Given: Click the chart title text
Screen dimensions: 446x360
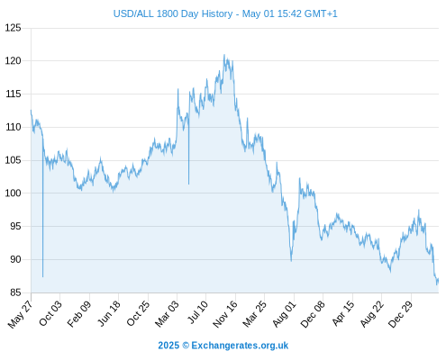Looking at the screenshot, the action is pyautogui.click(x=225, y=13).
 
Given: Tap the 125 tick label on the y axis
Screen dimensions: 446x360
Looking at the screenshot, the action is pyautogui.click(x=14, y=28).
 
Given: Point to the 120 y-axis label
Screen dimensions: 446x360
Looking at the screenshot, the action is pyautogui.click(x=14, y=61).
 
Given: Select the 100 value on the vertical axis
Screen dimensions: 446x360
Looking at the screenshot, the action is pyautogui.click(x=14, y=193).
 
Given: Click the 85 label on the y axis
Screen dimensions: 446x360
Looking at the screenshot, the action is pyautogui.click(x=15, y=292).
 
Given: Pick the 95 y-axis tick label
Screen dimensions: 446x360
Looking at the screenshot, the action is pyautogui.click(x=15, y=226).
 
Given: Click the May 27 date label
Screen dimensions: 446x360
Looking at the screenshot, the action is pyautogui.click(x=20, y=314).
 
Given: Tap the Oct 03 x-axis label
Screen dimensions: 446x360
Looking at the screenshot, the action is pyautogui.click(x=50, y=313).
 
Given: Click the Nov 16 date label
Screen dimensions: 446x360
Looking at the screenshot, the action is pyautogui.click(x=225, y=314).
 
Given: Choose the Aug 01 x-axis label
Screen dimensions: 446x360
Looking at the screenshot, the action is pyautogui.click(x=285, y=314).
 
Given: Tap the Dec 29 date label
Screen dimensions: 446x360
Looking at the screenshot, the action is pyautogui.click(x=401, y=314).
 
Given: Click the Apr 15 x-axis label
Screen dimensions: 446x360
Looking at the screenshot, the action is pyautogui.click(x=343, y=313).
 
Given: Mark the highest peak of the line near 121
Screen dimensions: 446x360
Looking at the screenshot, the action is pyautogui.click(x=224, y=55).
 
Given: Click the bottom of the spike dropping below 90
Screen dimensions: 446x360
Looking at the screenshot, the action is pyautogui.click(x=43, y=276).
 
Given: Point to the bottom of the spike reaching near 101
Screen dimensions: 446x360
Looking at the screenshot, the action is pyautogui.click(x=188, y=184).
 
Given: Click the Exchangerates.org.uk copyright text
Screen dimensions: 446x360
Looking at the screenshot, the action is pyautogui.click(x=223, y=346).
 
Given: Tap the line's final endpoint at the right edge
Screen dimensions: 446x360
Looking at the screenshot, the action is pyautogui.click(x=438, y=280).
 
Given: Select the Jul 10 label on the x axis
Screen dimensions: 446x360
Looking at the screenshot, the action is pyautogui.click(x=196, y=312).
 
